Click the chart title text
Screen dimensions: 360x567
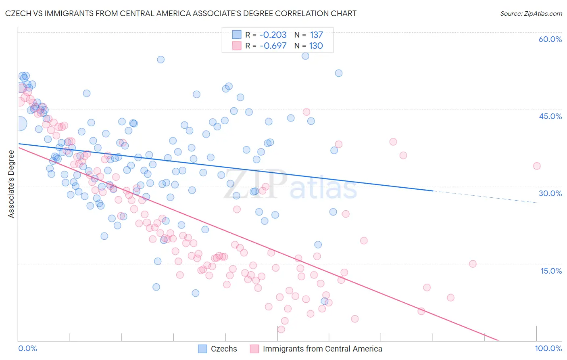181,13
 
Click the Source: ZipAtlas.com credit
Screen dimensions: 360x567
531,14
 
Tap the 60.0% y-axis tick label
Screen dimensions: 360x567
550,39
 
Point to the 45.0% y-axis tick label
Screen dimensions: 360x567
550,116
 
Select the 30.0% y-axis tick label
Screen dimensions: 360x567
550,193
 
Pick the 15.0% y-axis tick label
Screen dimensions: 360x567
551,271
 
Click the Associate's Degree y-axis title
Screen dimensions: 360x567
11,184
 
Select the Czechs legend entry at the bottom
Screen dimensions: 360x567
224,349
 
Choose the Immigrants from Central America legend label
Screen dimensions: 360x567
322,349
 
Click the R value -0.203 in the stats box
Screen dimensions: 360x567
273,35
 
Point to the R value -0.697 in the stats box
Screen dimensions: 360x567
273,46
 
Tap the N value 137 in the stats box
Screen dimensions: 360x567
316,35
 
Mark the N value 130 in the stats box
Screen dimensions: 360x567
316,46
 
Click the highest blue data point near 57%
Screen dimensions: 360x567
305,56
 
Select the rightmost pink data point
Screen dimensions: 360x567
536,166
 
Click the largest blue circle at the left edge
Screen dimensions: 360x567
20,123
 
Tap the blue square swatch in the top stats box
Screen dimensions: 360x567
237,35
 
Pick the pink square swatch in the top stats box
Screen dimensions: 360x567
237,46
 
